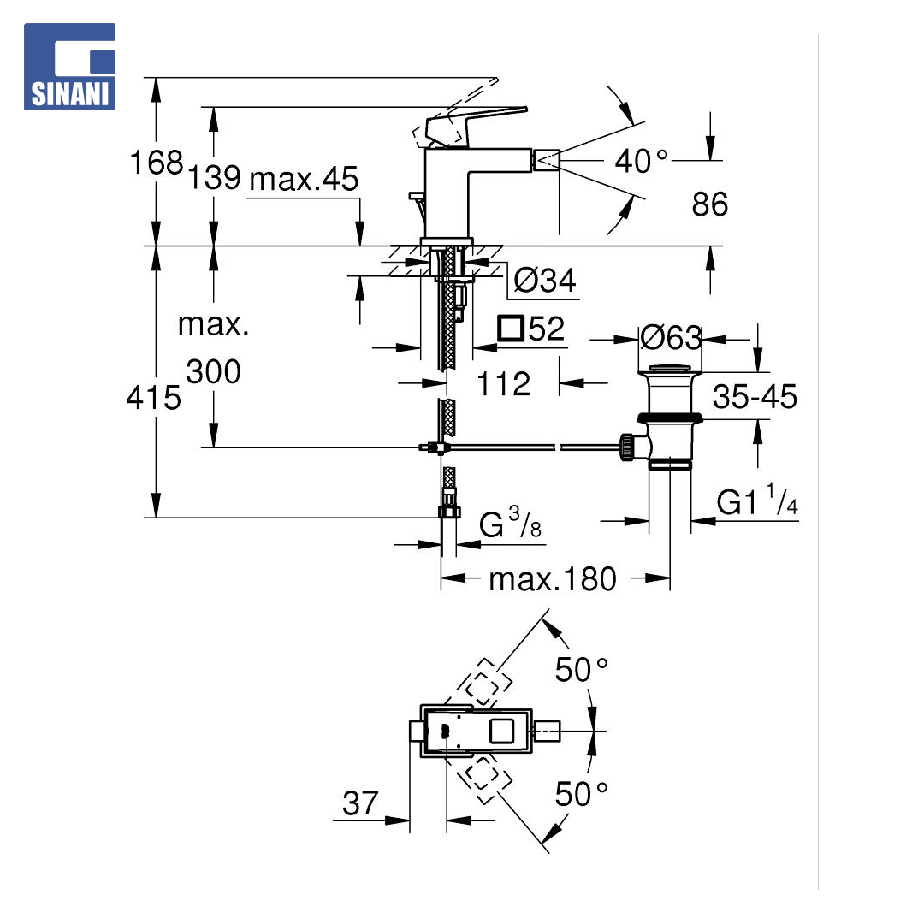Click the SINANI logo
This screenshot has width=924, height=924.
pyautogui.click(x=69, y=67)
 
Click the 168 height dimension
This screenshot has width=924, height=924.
pyautogui.click(x=157, y=162)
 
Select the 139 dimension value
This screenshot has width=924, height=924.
pyautogui.click(x=214, y=177)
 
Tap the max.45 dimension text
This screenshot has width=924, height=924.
pyautogui.click(x=304, y=179)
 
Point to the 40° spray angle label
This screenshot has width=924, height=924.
pyautogui.click(x=641, y=161)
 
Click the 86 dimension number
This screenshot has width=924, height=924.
pyautogui.click(x=709, y=204)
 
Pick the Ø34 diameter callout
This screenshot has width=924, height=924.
pyautogui.click(x=544, y=281)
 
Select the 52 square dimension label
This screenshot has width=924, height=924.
pyautogui.click(x=531, y=329)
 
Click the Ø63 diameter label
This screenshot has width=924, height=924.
pyautogui.click(x=671, y=338)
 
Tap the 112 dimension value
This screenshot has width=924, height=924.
pyautogui.click(x=503, y=384)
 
